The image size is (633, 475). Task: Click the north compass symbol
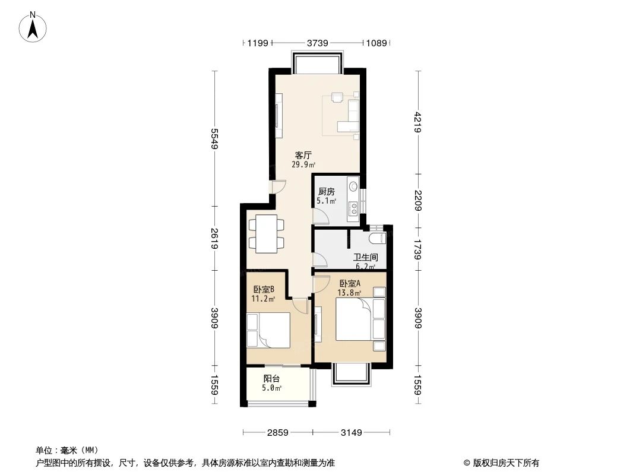(x=34, y=27)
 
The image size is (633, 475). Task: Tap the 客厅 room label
(x=303, y=156)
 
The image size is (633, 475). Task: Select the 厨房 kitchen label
(x=327, y=192)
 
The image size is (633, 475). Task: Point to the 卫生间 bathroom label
(x=366, y=258)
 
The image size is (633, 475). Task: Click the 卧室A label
(x=350, y=283)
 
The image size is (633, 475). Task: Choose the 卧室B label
(x=264, y=289)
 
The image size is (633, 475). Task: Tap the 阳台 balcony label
(x=271, y=378)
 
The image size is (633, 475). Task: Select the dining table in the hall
(x=266, y=234)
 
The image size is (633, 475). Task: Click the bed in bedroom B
(x=270, y=330)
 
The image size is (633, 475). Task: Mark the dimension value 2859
(x=277, y=433)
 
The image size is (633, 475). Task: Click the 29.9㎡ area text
(x=303, y=165)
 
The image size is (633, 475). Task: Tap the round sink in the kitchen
(x=353, y=186)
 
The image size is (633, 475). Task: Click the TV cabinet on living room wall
(x=277, y=116)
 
